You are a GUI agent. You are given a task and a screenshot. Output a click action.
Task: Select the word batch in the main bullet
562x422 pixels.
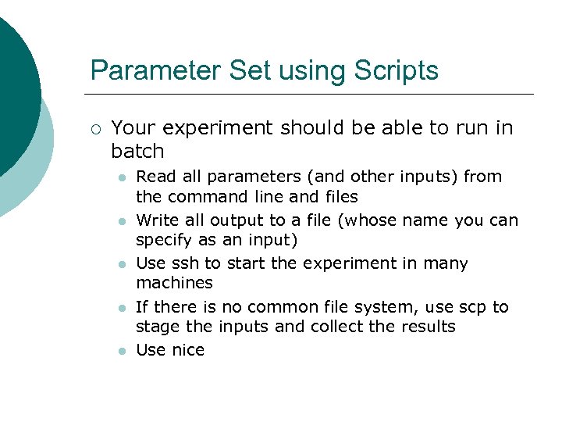137,151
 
